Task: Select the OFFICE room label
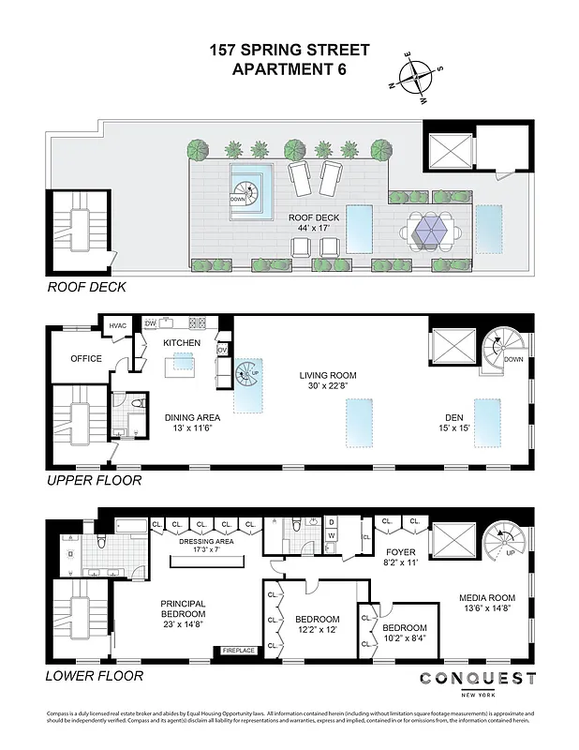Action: pyautogui.click(x=86, y=359)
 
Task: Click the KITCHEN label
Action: pyautogui.click(x=182, y=343)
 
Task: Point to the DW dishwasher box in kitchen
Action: pyautogui.click(x=150, y=324)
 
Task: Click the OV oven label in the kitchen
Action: pyautogui.click(x=222, y=350)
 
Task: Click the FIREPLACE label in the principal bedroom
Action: pyautogui.click(x=238, y=650)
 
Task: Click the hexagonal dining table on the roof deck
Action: pyautogui.click(x=431, y=227)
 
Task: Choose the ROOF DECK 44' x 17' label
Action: pyautogui.click(x=314, y=223)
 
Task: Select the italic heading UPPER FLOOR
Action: pyautogui.click(x=95, y=481)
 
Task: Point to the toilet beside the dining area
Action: pyautogui.click(x=138, y=404)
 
